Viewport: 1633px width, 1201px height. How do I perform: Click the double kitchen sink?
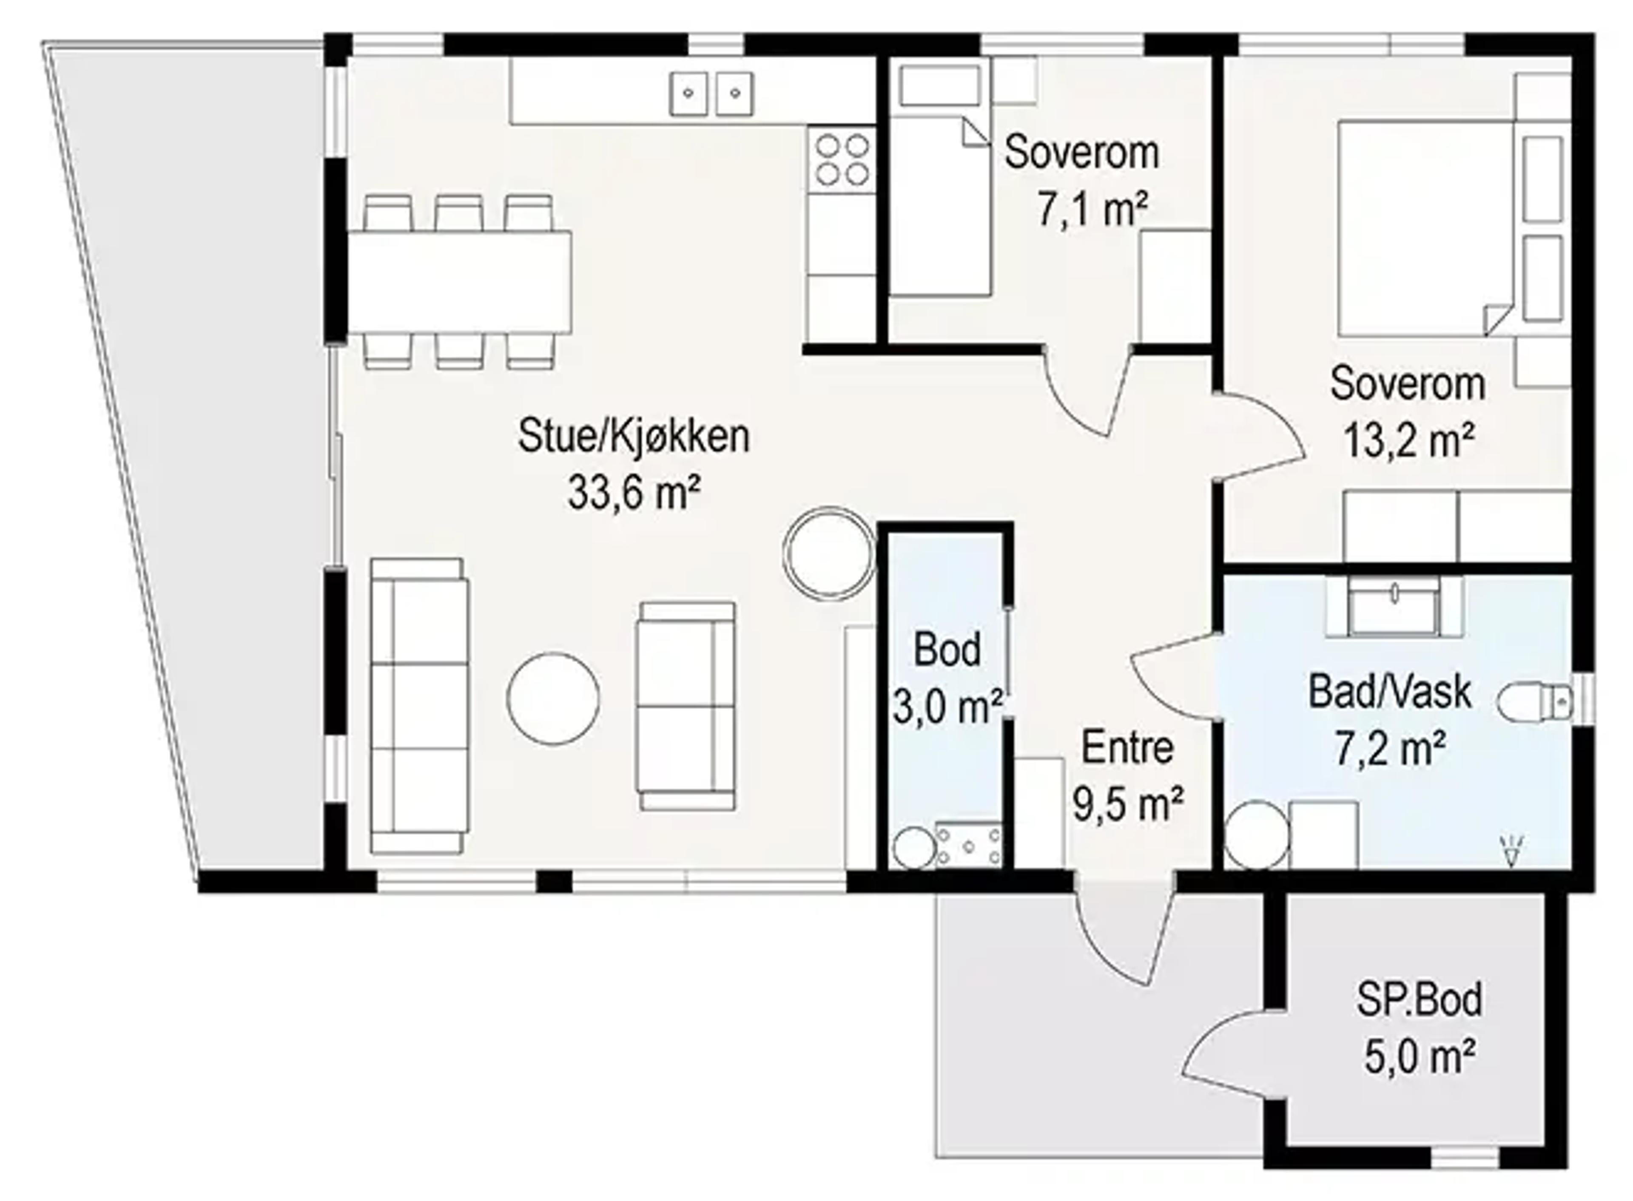711,93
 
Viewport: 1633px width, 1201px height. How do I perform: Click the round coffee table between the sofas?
553,698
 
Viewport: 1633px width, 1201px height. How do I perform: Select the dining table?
460,282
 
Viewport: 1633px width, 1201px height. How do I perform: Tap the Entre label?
1128,748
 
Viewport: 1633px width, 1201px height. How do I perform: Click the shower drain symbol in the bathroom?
1511,851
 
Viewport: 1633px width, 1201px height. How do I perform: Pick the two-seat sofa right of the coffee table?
686,706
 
